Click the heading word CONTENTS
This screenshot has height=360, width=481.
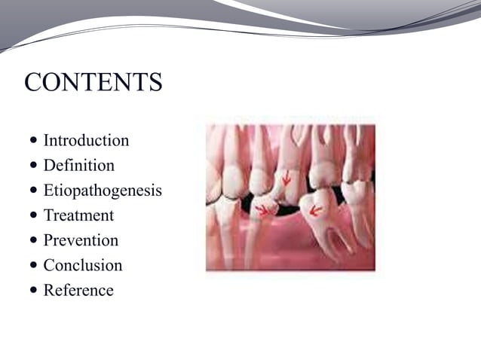click(x=93, y=82)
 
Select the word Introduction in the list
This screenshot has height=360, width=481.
click(x=86, y=140)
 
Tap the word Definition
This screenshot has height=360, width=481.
click(x=78, y=165)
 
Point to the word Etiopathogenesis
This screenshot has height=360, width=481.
click(x=103, y=191)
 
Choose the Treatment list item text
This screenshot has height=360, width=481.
click(x=78, y=215)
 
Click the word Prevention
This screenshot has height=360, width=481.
click(x=81, y=240)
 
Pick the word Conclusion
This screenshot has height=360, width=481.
click(x=82, y=265)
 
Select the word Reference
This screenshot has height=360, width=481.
click(x=78, y=290)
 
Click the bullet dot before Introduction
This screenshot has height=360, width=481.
click(x=33, y=141)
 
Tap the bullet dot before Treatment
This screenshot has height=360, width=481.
click(x=33, y=216)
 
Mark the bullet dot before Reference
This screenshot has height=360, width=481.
click(x=33, y=291)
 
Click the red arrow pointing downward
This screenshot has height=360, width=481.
click(x=286, y=179)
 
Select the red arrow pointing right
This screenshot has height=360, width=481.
click(x=262, y=209)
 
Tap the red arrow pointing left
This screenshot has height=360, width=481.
click(x=316, y=210)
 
